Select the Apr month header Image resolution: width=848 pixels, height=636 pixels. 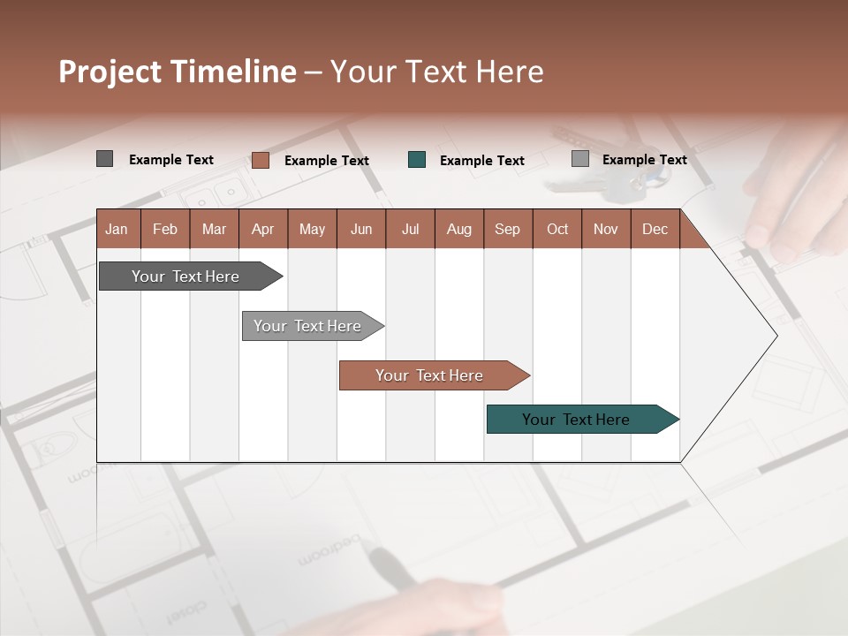click(x=263, y=229)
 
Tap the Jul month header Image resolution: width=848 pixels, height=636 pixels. click(x=411, y=229)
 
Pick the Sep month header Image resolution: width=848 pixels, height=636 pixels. click(x=508, y=229)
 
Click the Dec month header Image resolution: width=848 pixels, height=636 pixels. click(x=655, y=229)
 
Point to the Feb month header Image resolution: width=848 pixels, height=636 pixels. click(x=165, y=229)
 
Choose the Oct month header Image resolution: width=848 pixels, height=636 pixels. click(x=557, y=229)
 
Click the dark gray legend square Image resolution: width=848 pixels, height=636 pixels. click(x=104, y=159)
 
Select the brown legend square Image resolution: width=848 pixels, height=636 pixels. click(x=260, y=160)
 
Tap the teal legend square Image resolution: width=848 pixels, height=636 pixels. click(x=417, y=160)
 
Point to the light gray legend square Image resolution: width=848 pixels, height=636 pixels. click(x=580, y=159)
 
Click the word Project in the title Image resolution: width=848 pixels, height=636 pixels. click(x=110, y=72)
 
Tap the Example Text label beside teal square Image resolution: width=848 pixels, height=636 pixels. click(x=482, y=161)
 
